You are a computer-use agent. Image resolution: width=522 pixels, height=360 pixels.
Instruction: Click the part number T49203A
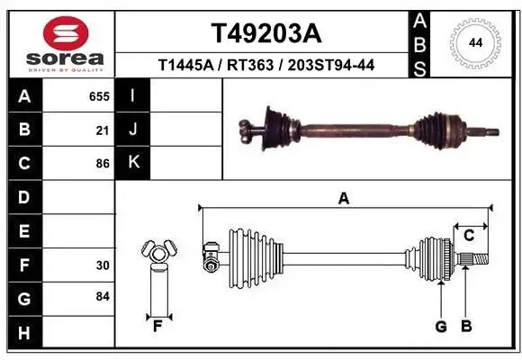[x=265, y=33]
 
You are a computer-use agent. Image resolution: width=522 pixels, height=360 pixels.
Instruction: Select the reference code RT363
[x=253, y=65]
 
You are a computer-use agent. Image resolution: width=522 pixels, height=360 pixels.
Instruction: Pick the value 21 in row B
[x=103, y=130]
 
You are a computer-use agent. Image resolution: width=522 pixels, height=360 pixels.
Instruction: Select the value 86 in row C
[x=103, y=164]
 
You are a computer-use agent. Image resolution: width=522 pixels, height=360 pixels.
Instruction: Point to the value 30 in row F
[x=103, y=265]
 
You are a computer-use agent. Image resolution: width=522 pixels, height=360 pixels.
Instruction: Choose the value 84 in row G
[x=103, y=296]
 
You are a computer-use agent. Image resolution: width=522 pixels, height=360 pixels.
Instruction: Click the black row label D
[x=23, y=197]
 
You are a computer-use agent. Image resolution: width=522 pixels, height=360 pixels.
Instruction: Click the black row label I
[x=132, y=95]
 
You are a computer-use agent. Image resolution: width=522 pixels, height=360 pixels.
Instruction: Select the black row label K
[x=133, y=163]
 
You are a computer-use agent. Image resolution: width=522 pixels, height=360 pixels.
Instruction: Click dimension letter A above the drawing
[x=343, y=199]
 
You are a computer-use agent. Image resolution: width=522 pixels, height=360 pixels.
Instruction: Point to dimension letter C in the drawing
[x=469, y=236]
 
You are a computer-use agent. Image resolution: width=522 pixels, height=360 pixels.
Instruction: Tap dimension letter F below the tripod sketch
[x=157, y=326]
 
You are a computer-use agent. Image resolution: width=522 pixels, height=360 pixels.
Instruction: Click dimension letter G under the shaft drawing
[x=441, y=326]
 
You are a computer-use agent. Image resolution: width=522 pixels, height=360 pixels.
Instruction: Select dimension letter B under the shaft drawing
[x=466, y=326]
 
